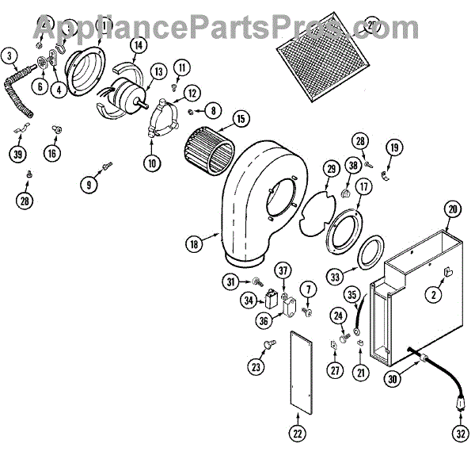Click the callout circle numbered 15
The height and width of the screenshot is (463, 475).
point(241,121)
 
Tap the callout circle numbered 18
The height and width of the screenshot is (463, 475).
point(193,245)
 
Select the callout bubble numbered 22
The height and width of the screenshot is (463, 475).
point(296,434)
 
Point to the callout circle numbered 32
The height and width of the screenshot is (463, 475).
point(461,434)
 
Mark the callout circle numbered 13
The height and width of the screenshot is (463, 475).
point(158,72)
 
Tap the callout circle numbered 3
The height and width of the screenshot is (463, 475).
point(9,55)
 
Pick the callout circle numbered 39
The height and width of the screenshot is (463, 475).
point(17,154)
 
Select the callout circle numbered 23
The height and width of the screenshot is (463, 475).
point(256,367)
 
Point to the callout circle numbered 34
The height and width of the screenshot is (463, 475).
point(248,301)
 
